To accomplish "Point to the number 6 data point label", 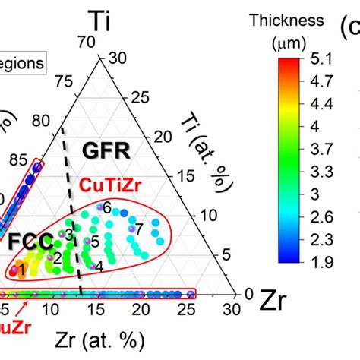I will pyautogui.click(x=107, y=207).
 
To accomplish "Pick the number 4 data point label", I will pyautogui.click(x=99, y=267).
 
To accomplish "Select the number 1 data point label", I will pyautogui.click(x=22, y=267).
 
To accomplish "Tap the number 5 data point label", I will pyautogui.click(x=95, y=242).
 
